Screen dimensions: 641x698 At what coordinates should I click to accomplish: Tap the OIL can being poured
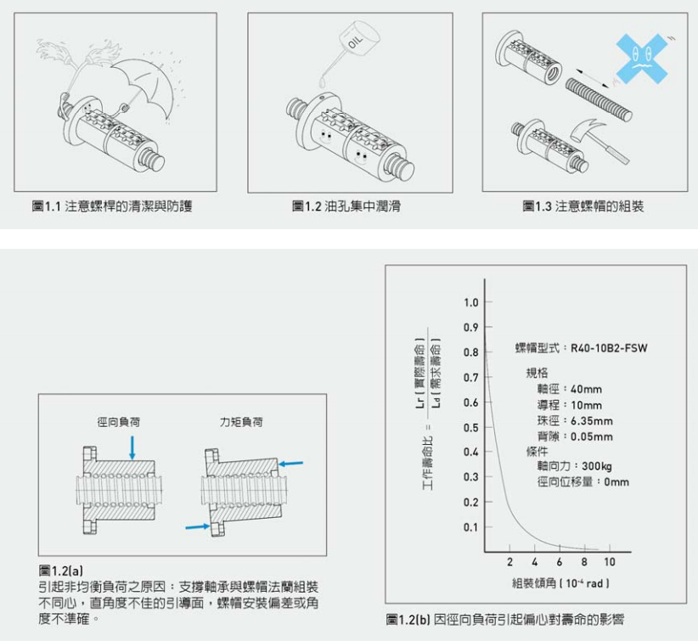(x=355, y=42)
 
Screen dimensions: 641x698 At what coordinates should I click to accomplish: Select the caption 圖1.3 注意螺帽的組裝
(x=583, y=206)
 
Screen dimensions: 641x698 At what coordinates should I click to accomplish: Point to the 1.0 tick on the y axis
(x=471, y=303)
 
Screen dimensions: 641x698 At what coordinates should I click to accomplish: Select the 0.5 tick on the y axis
(x=471, y=427)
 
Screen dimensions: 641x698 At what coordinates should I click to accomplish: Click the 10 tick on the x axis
(x=609, y=563)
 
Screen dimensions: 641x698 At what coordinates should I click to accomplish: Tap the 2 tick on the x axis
(x=509, y=563)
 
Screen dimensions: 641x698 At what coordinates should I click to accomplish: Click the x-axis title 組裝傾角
(x=561, y=583)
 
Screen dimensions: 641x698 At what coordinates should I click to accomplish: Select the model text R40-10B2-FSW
(x=609, y=347)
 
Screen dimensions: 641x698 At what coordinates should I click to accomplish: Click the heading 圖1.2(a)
(x=61, y=568)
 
